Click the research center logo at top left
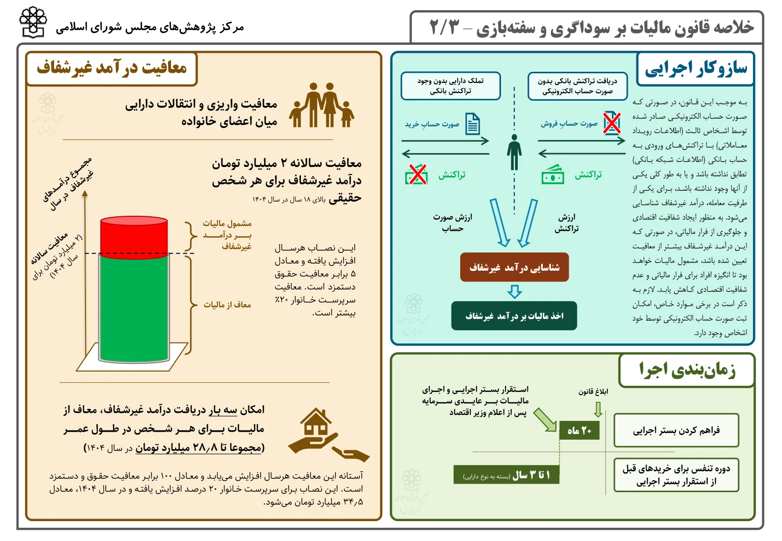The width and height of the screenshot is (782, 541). [33, 22]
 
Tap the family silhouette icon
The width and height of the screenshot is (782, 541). [322, 106]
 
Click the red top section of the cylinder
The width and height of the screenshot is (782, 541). [134, 236]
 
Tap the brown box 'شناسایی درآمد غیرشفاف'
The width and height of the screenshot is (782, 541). [514, 268]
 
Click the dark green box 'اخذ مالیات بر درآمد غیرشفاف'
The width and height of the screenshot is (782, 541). [514, 316]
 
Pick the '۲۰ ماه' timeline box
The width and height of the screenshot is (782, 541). [579, 431]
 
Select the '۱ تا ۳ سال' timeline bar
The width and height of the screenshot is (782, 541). [507, 475]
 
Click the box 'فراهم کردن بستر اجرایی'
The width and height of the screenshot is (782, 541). [676, 431]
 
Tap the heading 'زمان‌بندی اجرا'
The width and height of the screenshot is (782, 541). [687, 370]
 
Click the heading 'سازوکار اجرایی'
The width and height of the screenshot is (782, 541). [695, 68]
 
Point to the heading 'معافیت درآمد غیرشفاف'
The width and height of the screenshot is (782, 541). [112, 68]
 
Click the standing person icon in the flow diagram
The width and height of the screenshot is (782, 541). [514, 152]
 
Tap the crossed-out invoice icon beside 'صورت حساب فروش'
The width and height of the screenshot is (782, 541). [612, 123]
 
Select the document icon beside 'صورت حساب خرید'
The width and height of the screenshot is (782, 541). [472, 124]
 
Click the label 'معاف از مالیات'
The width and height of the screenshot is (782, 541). [227, 304]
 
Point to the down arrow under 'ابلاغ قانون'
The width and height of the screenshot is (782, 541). [598, 409]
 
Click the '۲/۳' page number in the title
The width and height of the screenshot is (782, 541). [444, 27]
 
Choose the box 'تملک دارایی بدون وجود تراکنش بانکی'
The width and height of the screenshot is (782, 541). [451, 86]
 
